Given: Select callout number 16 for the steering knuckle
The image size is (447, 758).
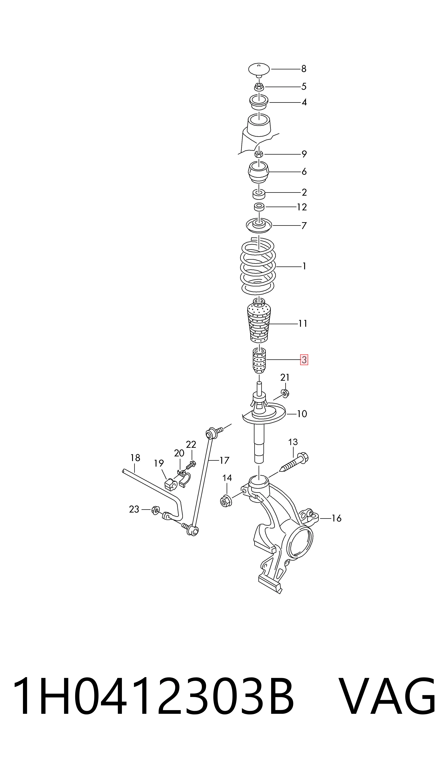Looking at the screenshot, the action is (336, 518).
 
